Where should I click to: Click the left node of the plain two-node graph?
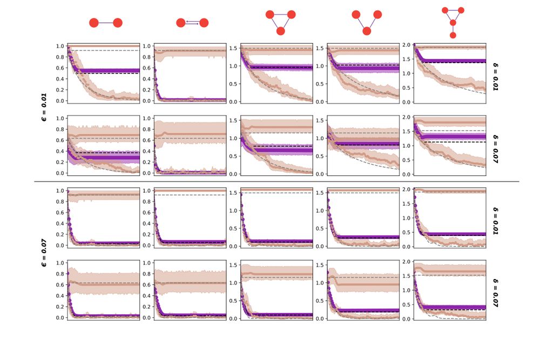point(93,23)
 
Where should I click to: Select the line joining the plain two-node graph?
point(106,23)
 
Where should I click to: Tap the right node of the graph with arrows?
point(204,23)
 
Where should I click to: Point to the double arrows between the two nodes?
point(192,23)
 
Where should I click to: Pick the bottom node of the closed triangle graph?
point(280,31)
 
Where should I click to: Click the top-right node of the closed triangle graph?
point(291,15)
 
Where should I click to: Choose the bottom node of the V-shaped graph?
point(367,31)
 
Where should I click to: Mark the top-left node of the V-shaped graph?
point(355,15)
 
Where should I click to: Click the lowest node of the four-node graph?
point(453,35)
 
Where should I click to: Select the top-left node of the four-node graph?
point(445,10)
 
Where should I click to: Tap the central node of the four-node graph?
point(453,23)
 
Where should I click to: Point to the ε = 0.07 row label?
point(46,253)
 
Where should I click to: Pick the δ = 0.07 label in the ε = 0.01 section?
point(496,145)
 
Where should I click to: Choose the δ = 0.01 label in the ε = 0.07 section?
point(496,218)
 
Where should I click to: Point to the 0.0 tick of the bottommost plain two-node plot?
point(60,318)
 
